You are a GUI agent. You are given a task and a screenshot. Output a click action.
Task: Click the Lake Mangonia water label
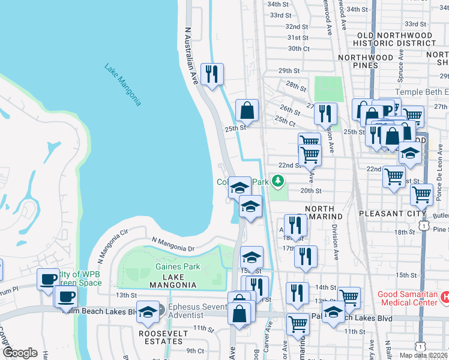pyautogui.click(x=122, y=85)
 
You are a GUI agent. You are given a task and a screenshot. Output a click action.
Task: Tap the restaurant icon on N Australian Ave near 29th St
pyautogui.click(x=212, y=75)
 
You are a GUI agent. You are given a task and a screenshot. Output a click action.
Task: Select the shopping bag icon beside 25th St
pyautogui.click(x=247, y=110)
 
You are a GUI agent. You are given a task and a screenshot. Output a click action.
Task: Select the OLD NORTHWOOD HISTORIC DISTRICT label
pyautogui.click(x=393, y=40)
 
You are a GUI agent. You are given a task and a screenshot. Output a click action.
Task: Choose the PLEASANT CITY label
pyautogui.click(x=393, y=214)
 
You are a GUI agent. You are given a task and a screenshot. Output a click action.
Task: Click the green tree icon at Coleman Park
pyautogui.click(x=277, y=180)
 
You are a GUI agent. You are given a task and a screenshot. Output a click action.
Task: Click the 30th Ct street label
pyautogui.click(x=298, y=49)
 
